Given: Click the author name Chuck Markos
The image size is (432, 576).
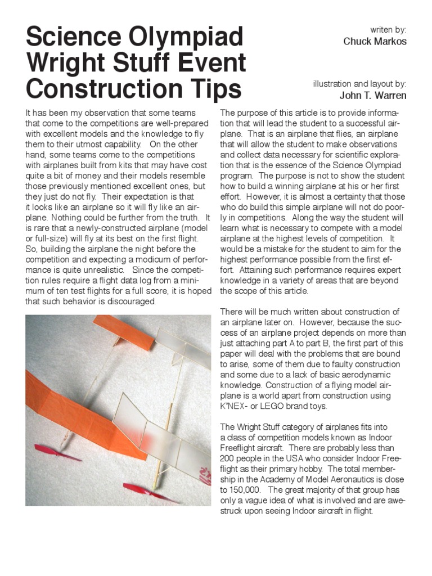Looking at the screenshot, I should click(x=375, y=42).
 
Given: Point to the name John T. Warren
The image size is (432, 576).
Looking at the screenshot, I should click(x=373, y=96).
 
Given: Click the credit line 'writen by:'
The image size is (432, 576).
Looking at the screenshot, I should click(x=388, y=29).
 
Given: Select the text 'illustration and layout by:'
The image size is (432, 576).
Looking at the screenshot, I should click(x=359, y=83).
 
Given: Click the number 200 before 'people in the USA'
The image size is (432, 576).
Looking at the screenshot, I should click(x=228, y=458).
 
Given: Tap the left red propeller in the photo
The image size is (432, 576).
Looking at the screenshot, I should click(x=57, y=452).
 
